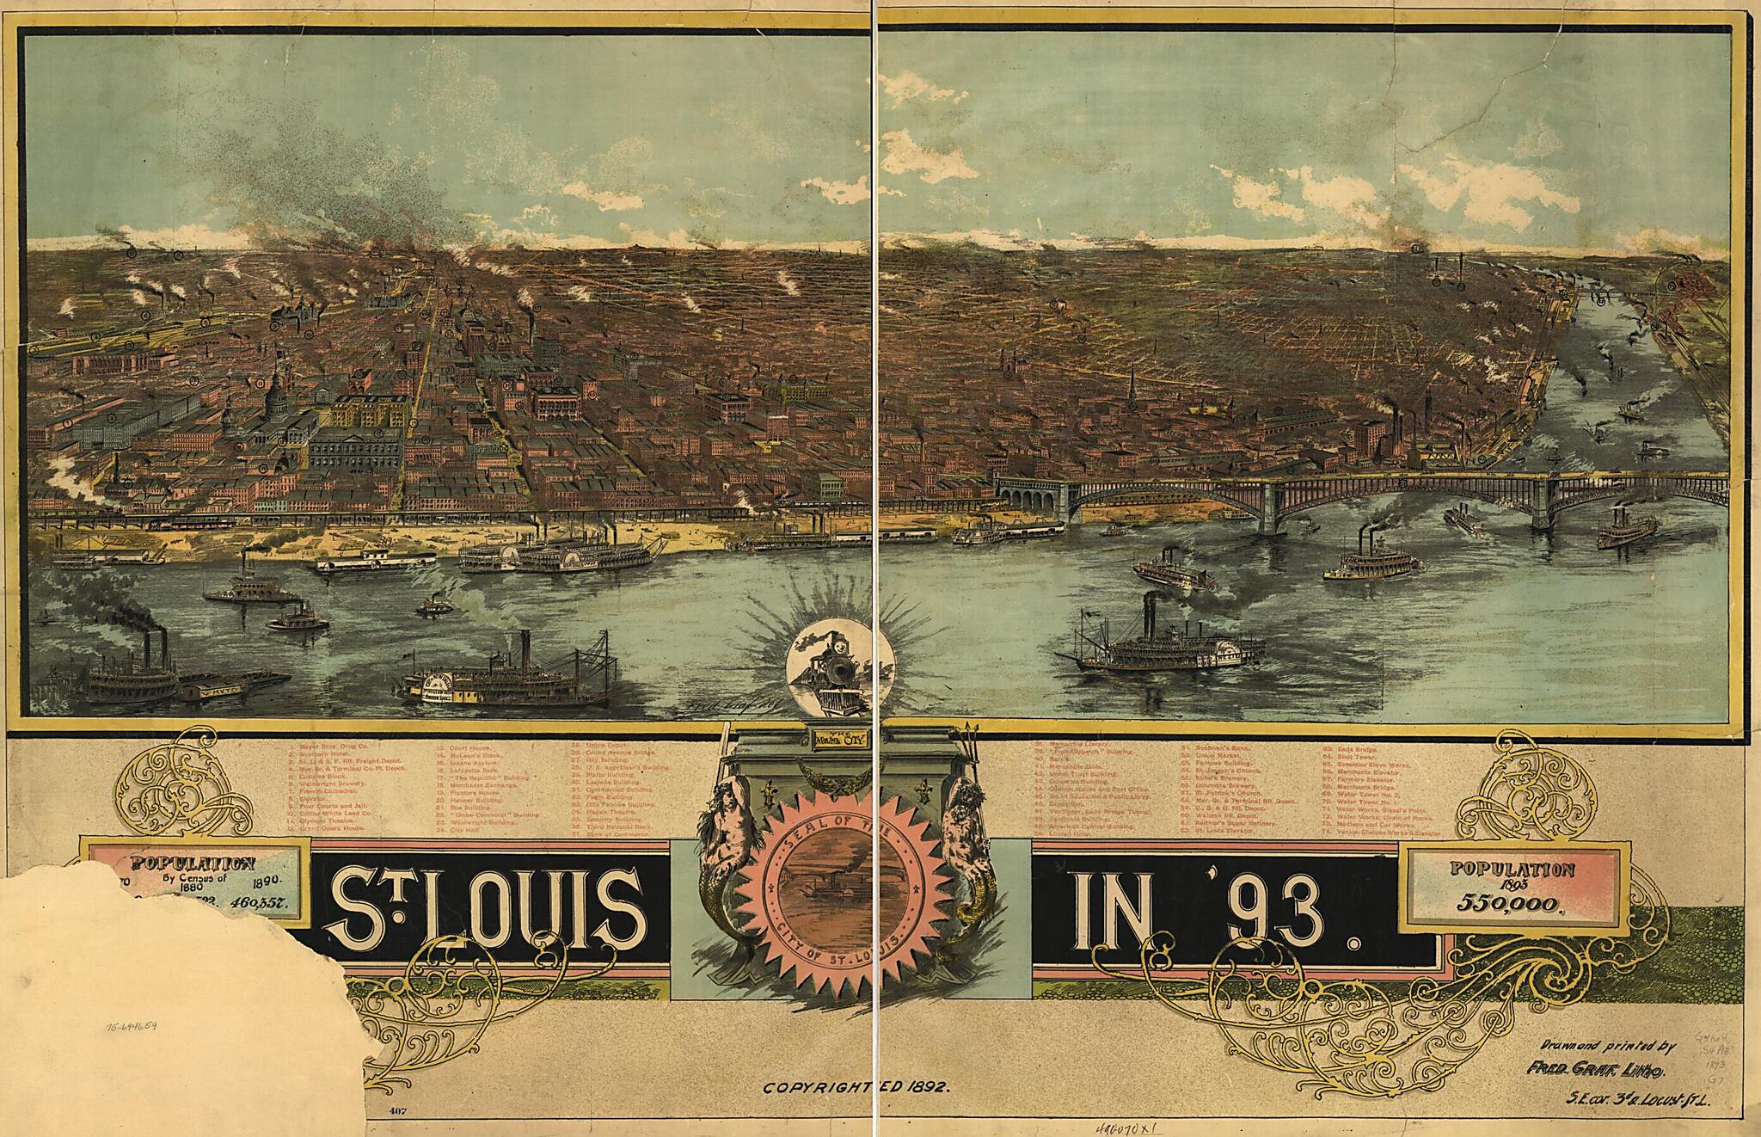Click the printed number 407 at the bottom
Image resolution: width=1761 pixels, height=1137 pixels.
point(398,1111)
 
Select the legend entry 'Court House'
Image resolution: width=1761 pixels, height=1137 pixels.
point(464,748)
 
